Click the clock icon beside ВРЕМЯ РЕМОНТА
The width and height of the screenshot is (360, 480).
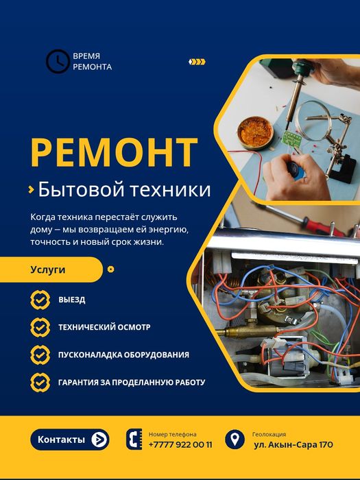tap(57, 62)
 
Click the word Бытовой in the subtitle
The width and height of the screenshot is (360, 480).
tap(77, 189)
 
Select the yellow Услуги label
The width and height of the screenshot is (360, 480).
tap(48, 269)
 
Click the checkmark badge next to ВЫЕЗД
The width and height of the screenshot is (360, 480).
tap(40, 300)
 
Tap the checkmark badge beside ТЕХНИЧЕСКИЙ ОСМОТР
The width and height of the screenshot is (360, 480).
tap(40, 327)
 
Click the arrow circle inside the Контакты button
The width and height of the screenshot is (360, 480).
tap(99, 440)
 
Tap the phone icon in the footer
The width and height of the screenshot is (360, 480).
tap(134, 440)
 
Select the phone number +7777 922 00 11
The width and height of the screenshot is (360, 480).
tap(180, 444)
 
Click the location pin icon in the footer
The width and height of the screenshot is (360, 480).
tap(235, 439)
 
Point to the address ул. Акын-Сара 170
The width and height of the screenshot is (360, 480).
tap(293, 444)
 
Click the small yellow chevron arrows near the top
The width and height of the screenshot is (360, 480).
tap(197, 62)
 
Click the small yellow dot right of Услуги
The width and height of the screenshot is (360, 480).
tap(111, 269)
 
